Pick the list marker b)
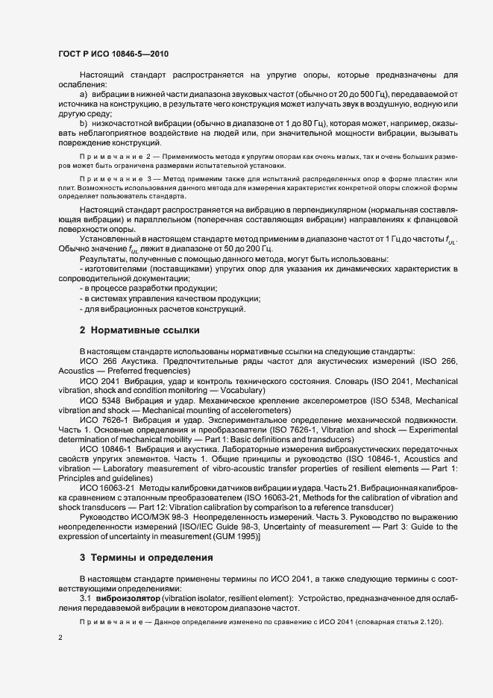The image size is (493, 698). (x=84, y=122)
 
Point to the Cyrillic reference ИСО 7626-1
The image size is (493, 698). (x=100, y=421)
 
